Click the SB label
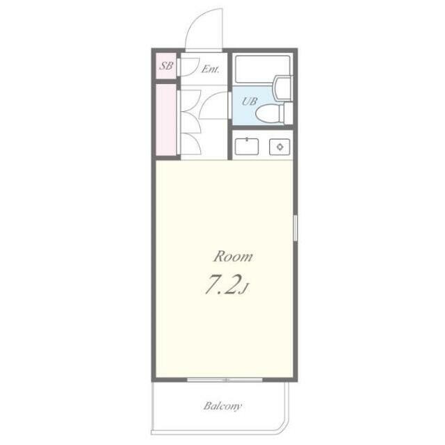click(x=166, y=66)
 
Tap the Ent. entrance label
click(x=210, y=69)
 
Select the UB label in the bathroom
click(x=250, y=101)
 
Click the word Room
click(x=233, y=257)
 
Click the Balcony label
click(x=222, y=406)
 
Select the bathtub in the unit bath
click(x=263, y=70)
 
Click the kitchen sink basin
click(x=247, y=147)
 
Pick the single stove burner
click(x=280, y=147)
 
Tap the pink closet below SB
click(x=166, y=120)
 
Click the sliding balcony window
click(x=225, y=380)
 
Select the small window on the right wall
click(x=295, y=228)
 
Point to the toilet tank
click(x=288, y=113)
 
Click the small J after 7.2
click(x=245, y=289)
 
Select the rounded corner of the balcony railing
click(x=285, y=427)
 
